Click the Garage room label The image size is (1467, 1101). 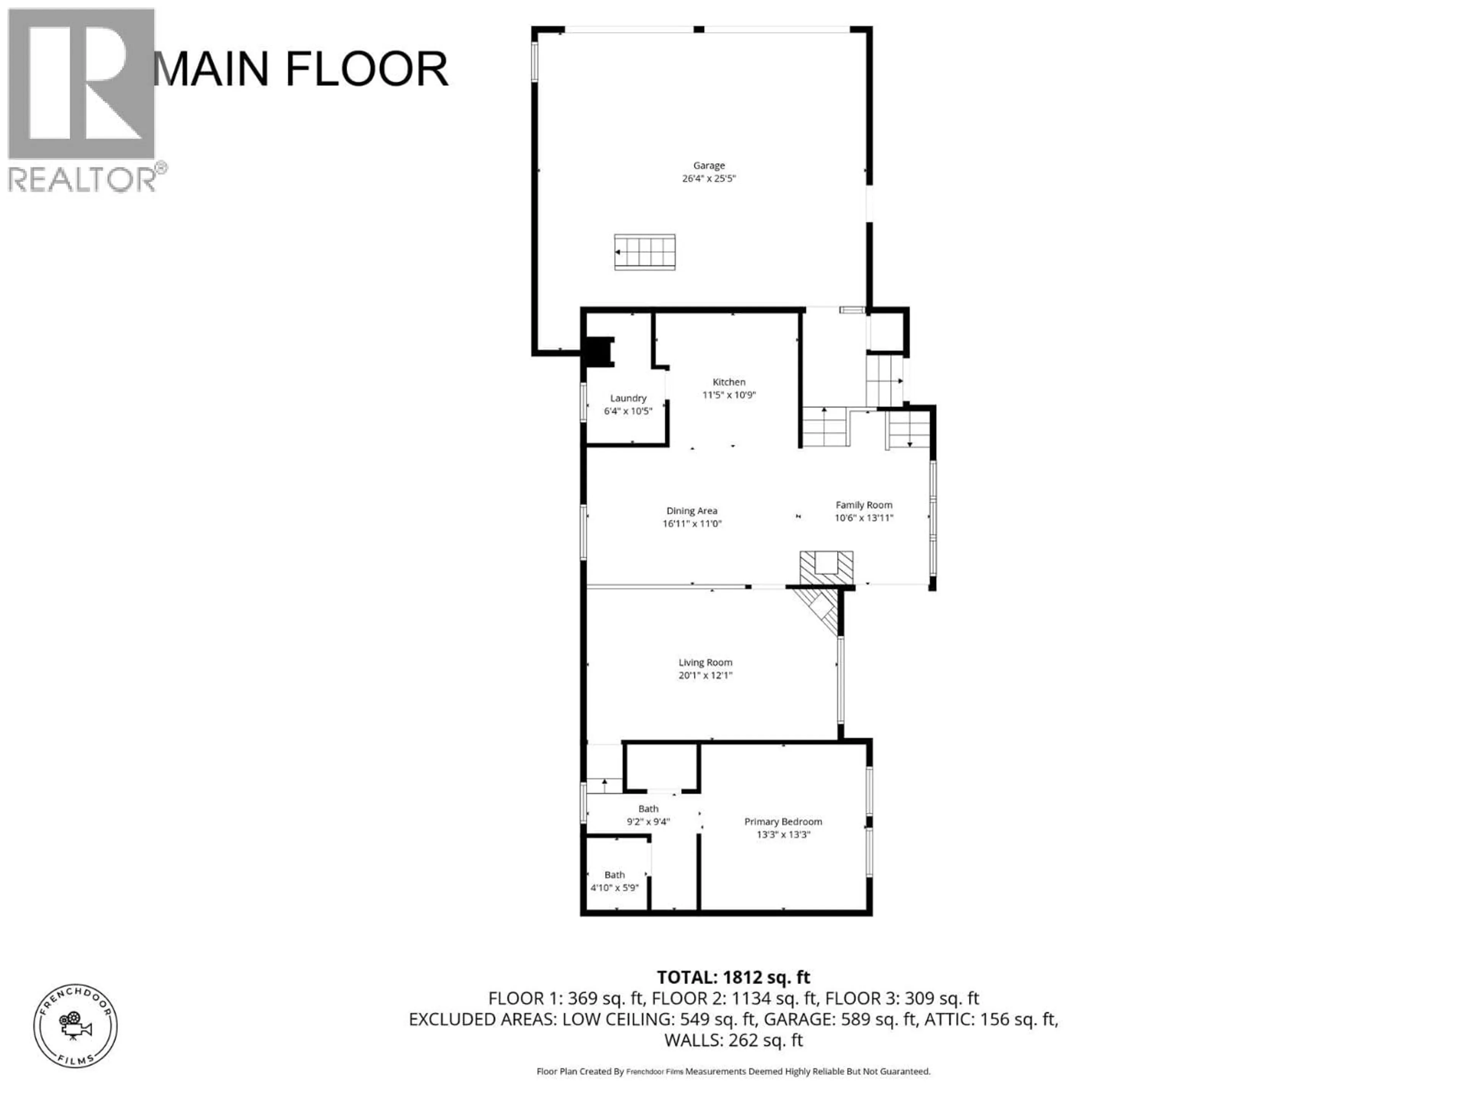(x=709, y=165)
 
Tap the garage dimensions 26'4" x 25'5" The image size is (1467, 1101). (x=709, y=179)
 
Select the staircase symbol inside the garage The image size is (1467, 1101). (x=644, y=252)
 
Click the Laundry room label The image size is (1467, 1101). (x=628, y=398)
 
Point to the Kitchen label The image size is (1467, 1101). (x=729, y=382)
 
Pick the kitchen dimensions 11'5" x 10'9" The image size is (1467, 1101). (x=729, y=395)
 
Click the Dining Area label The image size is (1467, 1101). (x=692, y=511)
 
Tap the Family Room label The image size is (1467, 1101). (x=863, y=505)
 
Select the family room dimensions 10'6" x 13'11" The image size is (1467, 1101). (x=863, y=518)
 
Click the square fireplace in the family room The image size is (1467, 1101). (x=826, y=567)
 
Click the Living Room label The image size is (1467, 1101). (x=705, y=663)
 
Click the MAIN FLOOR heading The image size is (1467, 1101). (x=300, y=69)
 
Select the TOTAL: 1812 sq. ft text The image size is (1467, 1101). (x=733, y=978)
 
